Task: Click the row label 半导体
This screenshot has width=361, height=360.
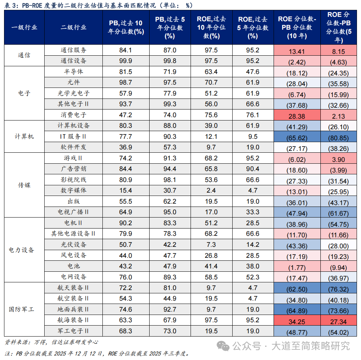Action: [x=74, y=72]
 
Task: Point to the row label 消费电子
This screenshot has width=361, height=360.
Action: [x=74, y=115]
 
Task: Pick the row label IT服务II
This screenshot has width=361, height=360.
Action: [x=74, y=136]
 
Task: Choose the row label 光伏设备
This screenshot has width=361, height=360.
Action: [x=74, y=244]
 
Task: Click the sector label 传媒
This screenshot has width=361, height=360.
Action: [x=24, y=185]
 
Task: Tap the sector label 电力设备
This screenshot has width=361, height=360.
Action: [x=22, y=250]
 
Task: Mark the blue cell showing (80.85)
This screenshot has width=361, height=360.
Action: [x=339, y=137]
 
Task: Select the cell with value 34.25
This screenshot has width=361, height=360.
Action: [x=297, y=320]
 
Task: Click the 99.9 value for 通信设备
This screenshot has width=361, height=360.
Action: [x=126, y=61]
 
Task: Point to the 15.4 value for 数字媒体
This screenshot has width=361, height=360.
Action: [x=126, y=190]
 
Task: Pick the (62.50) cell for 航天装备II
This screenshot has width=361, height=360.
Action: [x=297, y=288]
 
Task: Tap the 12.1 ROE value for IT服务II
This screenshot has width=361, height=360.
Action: [x=211, y=137]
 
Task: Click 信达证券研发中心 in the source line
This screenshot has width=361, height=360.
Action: [x=76, y=342]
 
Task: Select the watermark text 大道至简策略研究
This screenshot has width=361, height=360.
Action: [x=310, y=345]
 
